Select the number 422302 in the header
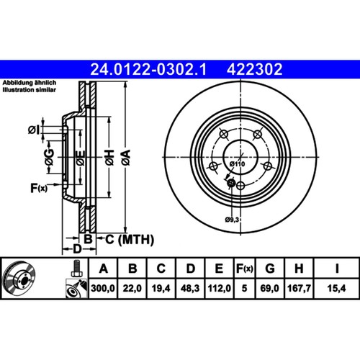pos(253,69)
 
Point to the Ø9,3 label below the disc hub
pos(232,218)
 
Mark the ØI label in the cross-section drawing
pos(34,130)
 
